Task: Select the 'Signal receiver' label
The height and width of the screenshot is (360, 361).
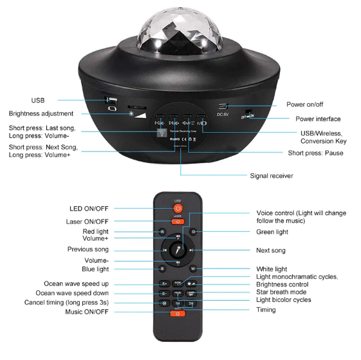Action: [x=271, y=175]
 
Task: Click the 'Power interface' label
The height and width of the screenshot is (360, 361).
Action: [x=318, y=119]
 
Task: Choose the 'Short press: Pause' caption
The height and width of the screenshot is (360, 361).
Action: [x=315, y=153]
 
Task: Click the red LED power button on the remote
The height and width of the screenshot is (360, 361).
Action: [x=178, y=209]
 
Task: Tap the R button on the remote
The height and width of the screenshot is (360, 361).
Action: [x=162, y=231]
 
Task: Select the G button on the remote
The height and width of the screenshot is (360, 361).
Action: [x=193, y=231]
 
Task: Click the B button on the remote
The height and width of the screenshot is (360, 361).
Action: [x=162, y=269]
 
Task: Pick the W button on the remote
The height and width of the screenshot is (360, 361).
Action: [x=193, y=269]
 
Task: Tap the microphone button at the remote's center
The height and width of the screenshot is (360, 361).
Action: [x=178, y=250]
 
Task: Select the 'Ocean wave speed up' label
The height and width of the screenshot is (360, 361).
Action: [x=76, y=284]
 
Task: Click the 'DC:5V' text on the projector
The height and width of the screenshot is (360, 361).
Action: [x=223, y=115]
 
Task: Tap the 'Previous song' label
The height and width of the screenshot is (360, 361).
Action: [x=88, y=249]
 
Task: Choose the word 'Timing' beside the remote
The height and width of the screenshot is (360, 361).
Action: [x=266, y=310]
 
